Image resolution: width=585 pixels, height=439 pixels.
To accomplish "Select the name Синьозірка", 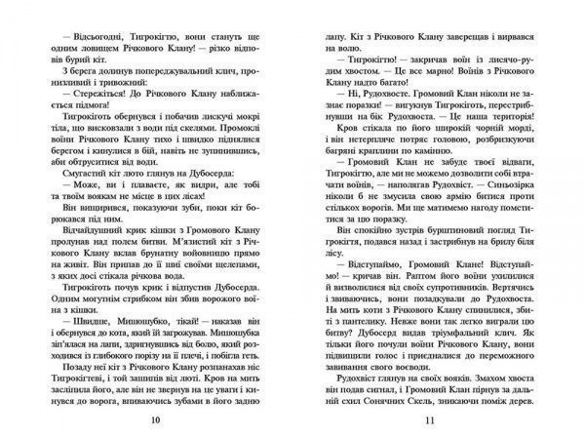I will point(510,204).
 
